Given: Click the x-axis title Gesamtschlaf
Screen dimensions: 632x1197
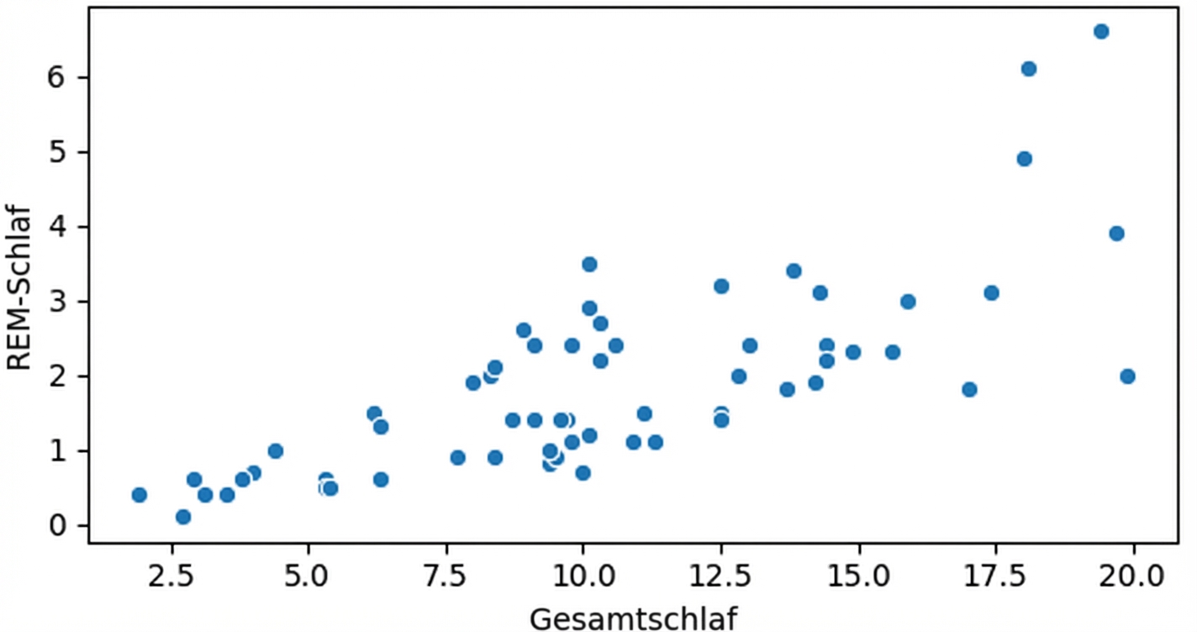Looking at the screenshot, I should pyautogui.click(x=633, y=619).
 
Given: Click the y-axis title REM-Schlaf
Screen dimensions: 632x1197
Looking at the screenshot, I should pyautogui.click(x=19, y=287).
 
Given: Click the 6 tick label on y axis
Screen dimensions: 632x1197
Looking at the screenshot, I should pyautogui.click(x=57, y=77).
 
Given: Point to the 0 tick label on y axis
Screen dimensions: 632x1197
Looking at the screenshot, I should pyautogui.click(x=57, y=526).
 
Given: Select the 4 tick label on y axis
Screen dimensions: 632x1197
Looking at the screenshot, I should pyautogui.click(x=57, y=227).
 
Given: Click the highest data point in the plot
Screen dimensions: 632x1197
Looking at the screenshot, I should pyautogui.click(x=1101, y=32).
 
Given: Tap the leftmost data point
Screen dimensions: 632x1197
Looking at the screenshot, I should pyautogui.click(x=140, y=495).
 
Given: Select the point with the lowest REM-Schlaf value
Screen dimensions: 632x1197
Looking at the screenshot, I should pyautogui.click(x=183, y=517).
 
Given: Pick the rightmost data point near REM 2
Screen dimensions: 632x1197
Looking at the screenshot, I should pyautogui.click(x=1127, y=377).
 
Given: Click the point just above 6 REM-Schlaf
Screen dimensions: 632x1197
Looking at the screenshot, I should pyautogui.click(x=1029, y=69).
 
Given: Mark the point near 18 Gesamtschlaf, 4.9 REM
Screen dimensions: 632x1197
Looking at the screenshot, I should pyautogui.click(x=1024, y=159).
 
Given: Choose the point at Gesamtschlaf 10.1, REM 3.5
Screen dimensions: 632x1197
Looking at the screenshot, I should pyautogui.click(x=589, y=264).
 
